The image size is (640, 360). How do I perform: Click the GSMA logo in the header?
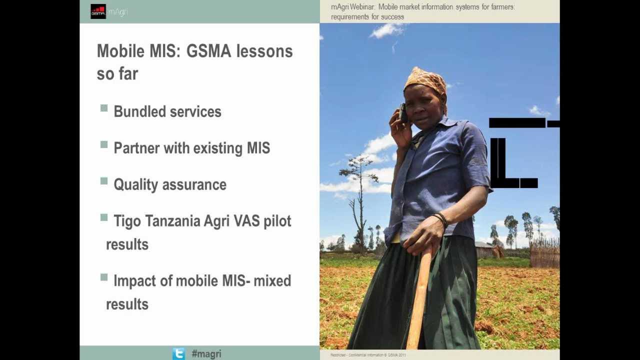coord(98,11)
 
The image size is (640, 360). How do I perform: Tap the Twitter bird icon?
coord(178,353)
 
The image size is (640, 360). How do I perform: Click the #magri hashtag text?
coord(206,354)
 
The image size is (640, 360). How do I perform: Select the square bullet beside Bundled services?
coord(104,108)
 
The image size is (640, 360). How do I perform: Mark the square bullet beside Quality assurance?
coord(104,181)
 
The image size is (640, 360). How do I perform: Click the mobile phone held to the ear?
coord(403,113)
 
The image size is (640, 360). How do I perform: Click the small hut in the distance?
coord(485,249)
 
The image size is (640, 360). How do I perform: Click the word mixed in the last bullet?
coord(272,281)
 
